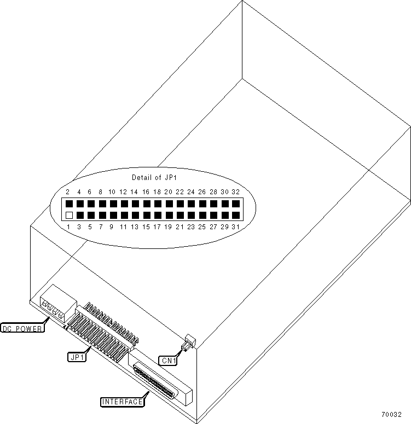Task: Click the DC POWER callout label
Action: pyautogui.click(x=23, y=329)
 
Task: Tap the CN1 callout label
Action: pyautogui.click(x=167, y=360)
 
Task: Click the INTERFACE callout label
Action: pyautogui.click(x=123, y=402)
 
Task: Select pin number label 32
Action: pyautogui.click(x=236, y=192)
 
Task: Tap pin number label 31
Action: pyautogui.click(x=236, y=226)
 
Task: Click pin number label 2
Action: pyautogui.click(x=67, y=192)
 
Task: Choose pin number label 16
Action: pyautogui.click(x=146, y=192)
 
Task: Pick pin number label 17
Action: pyautogui.click(x=157, y=226)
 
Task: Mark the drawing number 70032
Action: pyautogui.click(x=392, y=414)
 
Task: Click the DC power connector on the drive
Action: pyautogui.click(x=57, y=302)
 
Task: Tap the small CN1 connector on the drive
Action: pyautogui.click(x=188, y=345)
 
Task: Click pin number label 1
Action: pyautogui.click(x=67, y=226)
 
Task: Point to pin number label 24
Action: pyautogui.click(x=191, y=192)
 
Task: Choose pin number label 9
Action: pyautogui.click(x=112, y=226)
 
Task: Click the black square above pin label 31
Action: pyautogui.click(x=236, y=215)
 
